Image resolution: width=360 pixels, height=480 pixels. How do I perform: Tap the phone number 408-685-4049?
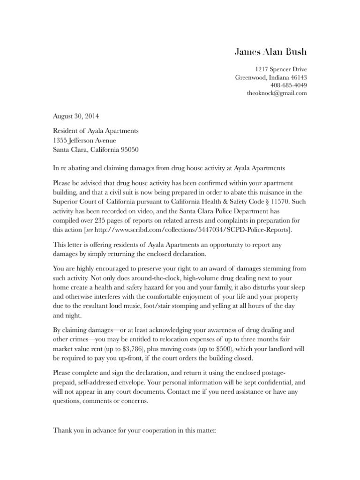click(289, 85)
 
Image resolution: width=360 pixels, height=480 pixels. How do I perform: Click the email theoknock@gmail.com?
click(277, 93)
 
